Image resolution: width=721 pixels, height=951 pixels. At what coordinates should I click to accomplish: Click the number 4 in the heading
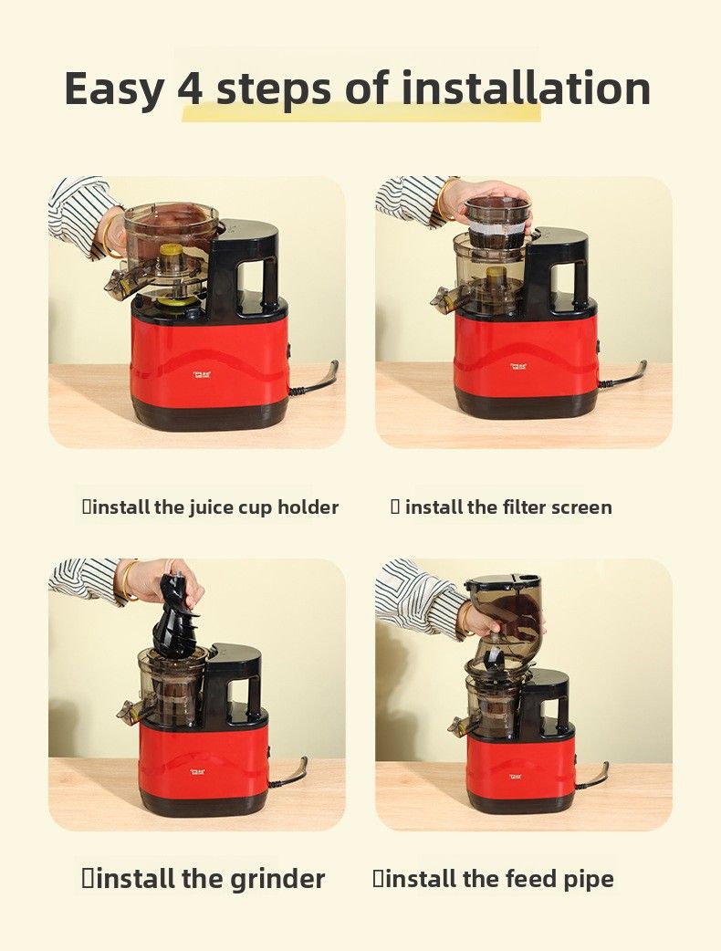[x=191, y=88]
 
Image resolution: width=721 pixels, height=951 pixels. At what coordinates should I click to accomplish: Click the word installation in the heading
[x=527, y=88]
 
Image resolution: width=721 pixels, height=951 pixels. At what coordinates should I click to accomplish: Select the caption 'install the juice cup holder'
[x=211, y=507]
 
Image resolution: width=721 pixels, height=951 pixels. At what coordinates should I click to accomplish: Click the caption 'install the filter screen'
[x=501, y=507]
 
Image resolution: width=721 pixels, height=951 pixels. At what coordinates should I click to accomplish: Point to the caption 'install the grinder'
[x=204, y=878]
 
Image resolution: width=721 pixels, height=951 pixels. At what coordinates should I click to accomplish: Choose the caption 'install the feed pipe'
[x=493, y=879]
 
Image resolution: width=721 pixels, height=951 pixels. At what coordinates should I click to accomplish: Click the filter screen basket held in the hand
[x=497, y=223]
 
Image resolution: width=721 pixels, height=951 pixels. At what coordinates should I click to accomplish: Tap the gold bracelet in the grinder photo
[x=126, y=581]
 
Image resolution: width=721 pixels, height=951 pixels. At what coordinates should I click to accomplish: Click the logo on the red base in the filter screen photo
[x=520, y=367]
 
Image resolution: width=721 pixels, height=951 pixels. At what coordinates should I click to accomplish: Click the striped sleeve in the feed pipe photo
[x=417, y=598]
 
